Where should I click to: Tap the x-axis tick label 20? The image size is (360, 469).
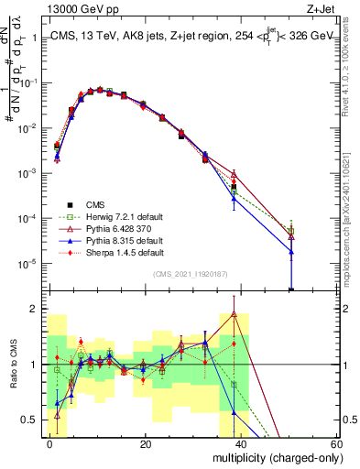[146, 444]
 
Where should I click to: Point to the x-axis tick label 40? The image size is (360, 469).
[241, 444]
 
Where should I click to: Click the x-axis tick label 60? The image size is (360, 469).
[336, 444]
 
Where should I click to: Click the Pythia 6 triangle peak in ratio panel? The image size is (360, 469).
[235, 313]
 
